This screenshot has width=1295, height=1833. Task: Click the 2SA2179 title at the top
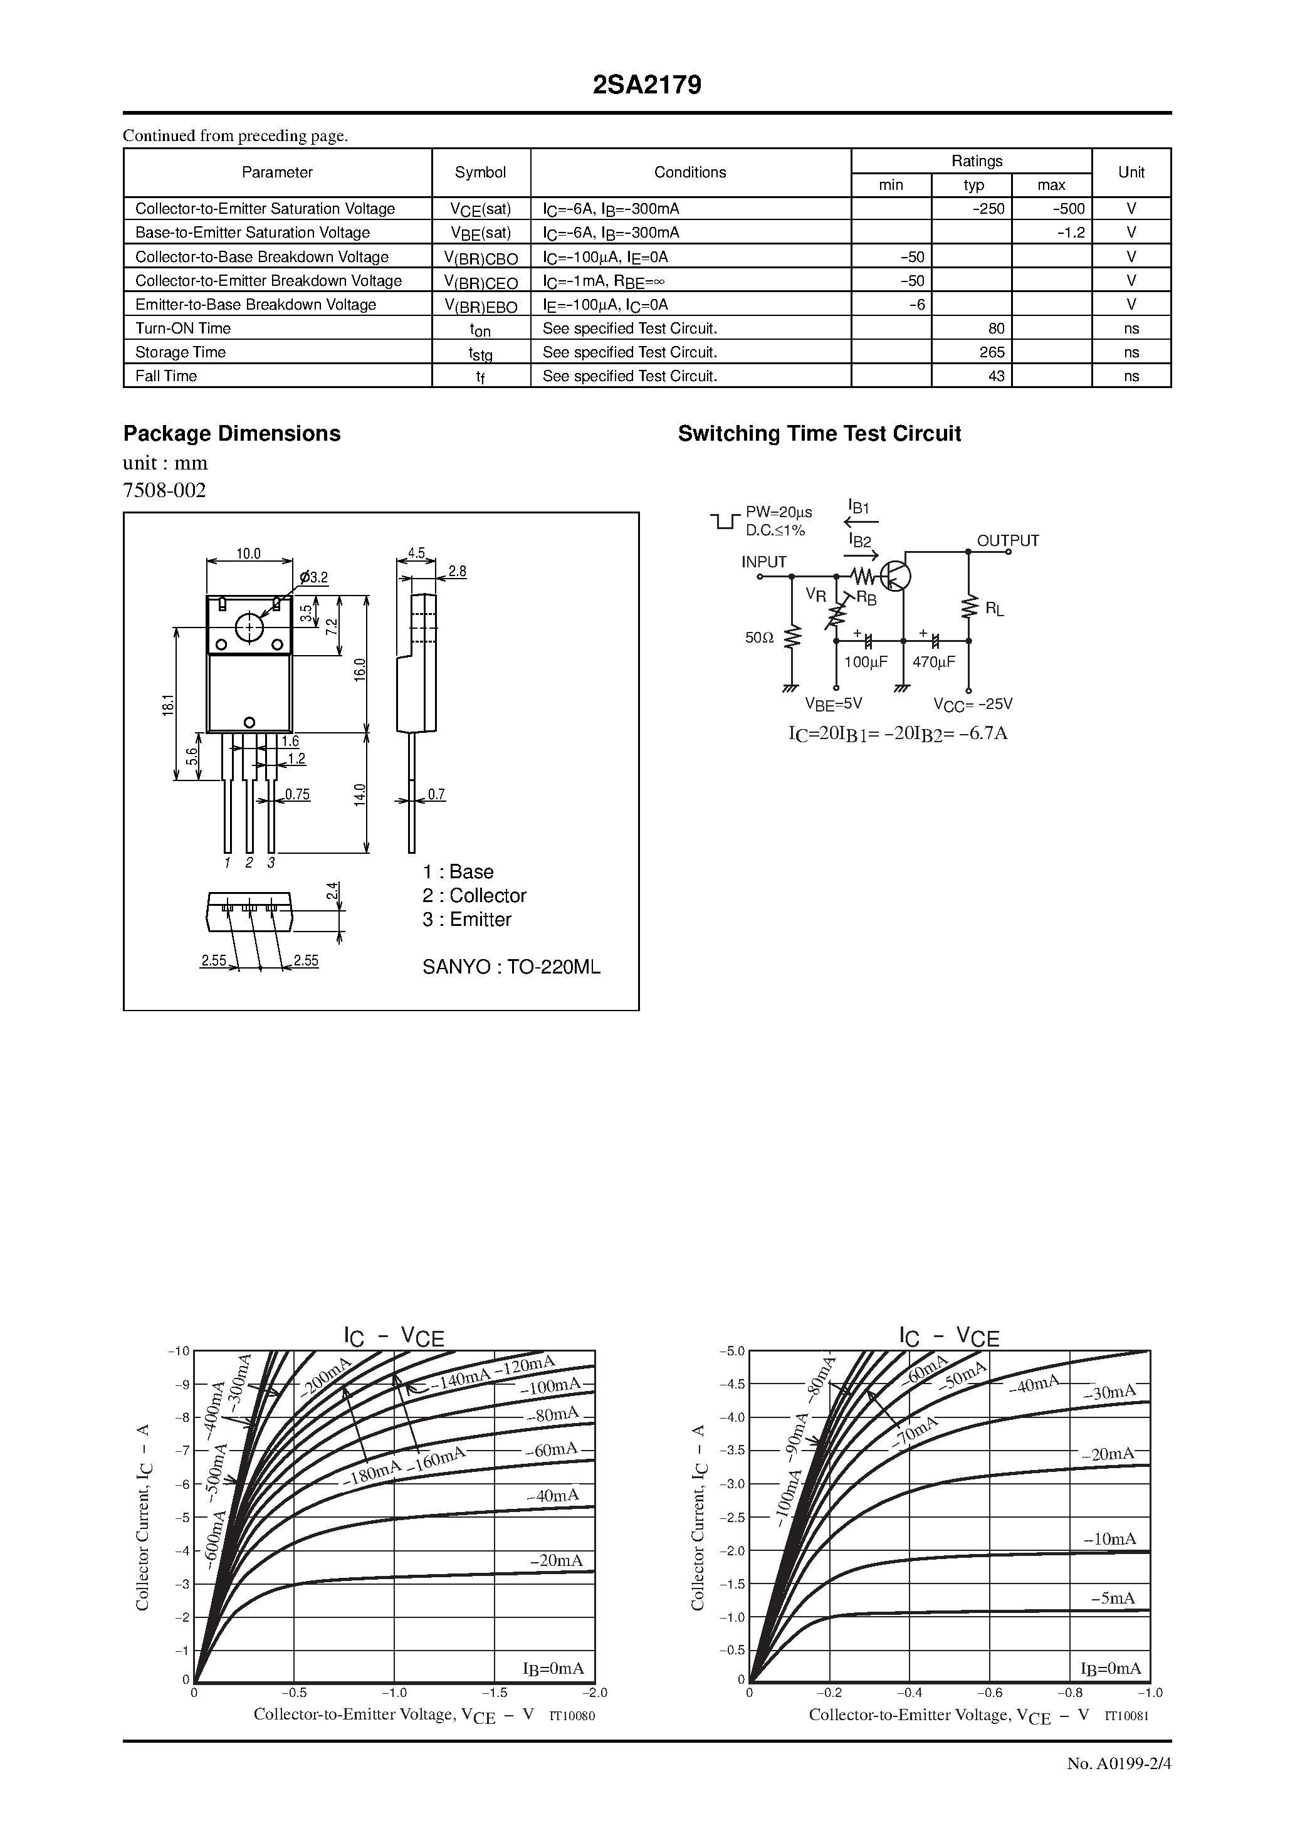[647, 85]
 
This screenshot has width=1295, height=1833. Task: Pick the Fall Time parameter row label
[166, 376]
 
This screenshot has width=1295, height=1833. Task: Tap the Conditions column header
[690, 172]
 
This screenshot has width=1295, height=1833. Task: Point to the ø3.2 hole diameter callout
[314, 577]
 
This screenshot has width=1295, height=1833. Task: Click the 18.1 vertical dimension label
[167, 704]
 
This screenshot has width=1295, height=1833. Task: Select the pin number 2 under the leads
[249, 863]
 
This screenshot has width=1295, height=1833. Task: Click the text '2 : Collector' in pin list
[474, 896]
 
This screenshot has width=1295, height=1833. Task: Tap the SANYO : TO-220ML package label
[511, 968]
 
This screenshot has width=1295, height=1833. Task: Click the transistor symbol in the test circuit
[896, 575]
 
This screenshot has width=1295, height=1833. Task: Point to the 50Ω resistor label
[759, 638]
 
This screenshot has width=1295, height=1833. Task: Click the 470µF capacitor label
[933, 662]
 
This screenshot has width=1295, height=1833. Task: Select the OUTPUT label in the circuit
[1007, 541]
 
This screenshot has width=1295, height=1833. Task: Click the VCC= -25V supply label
[972, 704]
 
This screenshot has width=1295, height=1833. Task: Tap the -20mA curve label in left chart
[556, 1560]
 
